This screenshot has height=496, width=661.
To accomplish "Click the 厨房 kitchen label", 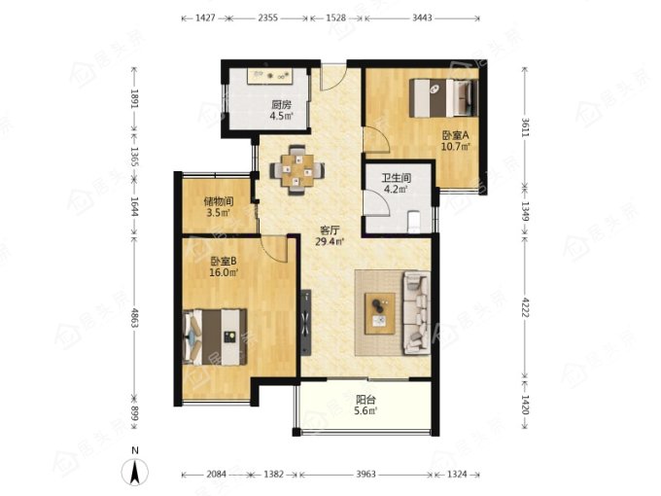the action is click(x=282, y=104).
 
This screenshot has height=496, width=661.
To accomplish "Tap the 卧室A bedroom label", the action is click(x=455, y=136).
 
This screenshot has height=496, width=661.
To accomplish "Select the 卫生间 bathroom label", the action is click(x=397, y=178).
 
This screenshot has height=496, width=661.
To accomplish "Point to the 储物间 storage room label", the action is click(x=219, y=201).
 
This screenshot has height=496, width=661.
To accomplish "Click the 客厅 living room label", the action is click(x=330, y=230).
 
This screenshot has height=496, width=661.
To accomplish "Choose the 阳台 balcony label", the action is click(x=365, y=400).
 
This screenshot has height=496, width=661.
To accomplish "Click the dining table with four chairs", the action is click(x=297, y=170).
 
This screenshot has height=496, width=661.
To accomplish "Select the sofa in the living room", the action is click(x=417, y=313).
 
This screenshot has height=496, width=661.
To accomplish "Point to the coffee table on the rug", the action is click(x=380, y=313).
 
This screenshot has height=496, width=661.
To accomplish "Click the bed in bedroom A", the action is click(x=443, y=98).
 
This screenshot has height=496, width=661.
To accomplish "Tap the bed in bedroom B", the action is click(x=215, y=337).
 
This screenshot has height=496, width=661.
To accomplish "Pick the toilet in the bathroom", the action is click(x=414, y=222).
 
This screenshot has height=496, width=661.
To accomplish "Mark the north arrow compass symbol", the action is click(x=135, y=473).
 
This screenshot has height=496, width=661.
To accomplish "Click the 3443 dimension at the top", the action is click(x=422, y=18).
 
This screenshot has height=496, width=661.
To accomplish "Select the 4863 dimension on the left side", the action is click(x=134, y=318).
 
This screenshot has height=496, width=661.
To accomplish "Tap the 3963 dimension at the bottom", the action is click(x=365, y=474).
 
